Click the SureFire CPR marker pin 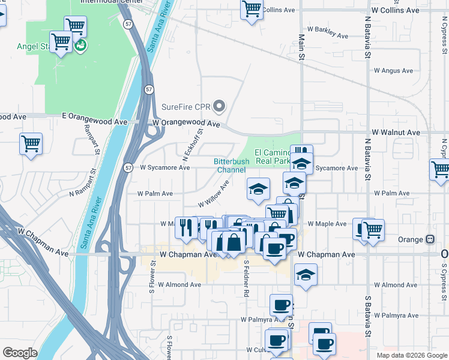coord(219,107)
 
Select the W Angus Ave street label coord(393,71)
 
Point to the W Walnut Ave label coord(396,132)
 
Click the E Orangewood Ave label coord(95,121)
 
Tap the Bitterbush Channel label coord(231,166)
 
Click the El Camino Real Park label coord(273,157)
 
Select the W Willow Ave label coord(214,195)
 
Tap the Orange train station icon coord(430,239)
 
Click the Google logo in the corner coord(20,352)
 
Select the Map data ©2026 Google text coord(411,355)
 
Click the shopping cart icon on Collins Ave coord(252,9)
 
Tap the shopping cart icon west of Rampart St coord(31,144)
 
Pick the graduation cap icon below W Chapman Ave coord(306,275)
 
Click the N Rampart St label coord(87,193)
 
